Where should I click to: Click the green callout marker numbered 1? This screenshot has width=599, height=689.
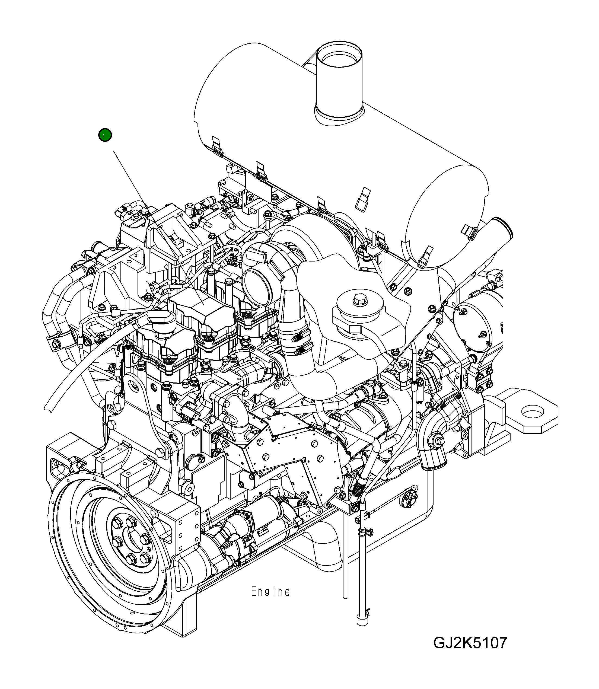[x=105, y=135]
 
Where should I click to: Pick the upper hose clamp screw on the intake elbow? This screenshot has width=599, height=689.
[x=295, y=339]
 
